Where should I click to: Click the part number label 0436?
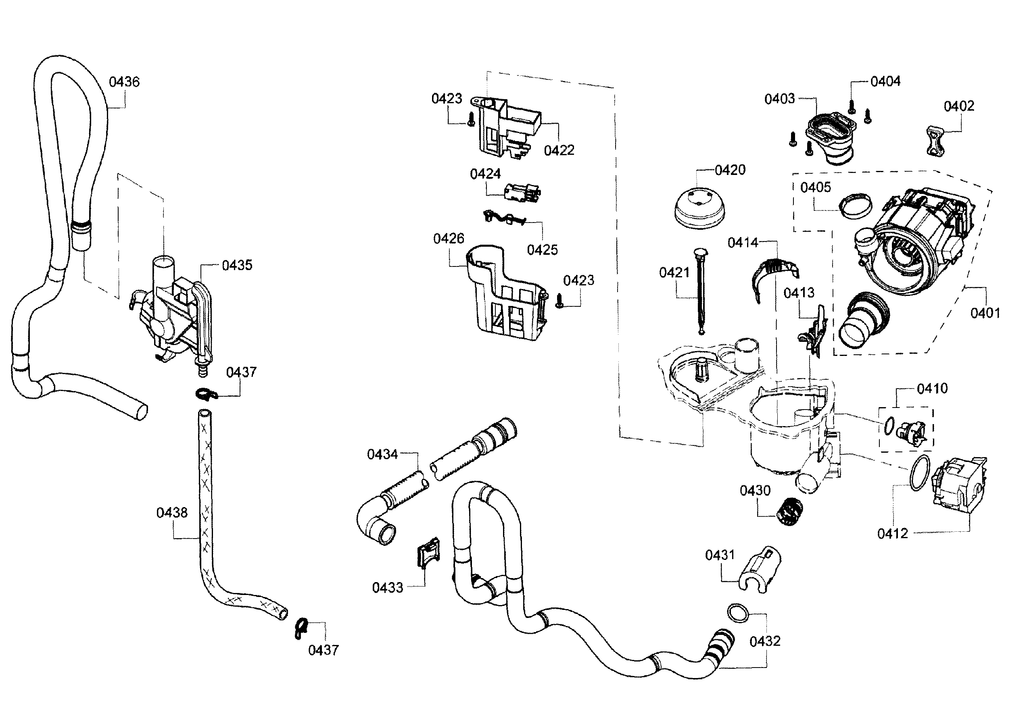pyautogui.click(x=124, y=82)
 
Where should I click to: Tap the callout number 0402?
pyautogui.click(x=958, y=106)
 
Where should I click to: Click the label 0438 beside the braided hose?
pyautogui.click(x=172, y=512)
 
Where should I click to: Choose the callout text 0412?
pyautogui.click(x=892, y=533)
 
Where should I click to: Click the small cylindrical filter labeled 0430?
pyautogui.click(x=790, y=512)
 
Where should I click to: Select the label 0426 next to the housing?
pyautogui.click(x=448, y=239)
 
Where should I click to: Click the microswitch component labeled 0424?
pyautogui.click(x=522, y=193)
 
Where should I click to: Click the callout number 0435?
pyautogui.click(x=237, y=265)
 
